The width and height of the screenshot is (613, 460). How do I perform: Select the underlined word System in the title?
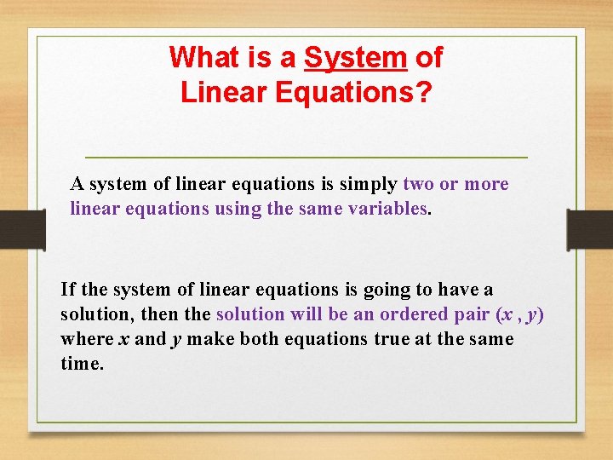tap(356, 58)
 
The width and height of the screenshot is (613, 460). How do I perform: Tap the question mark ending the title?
tap(424, 92)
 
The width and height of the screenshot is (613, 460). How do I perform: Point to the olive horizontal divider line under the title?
tap(306, 158)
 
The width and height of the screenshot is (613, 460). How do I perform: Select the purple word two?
tap(419, 184)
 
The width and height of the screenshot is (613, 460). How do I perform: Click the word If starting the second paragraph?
tap(67, 290)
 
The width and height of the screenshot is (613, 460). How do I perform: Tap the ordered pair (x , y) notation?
tap(518, 314)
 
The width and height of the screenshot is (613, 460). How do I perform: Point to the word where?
tap(87, 339)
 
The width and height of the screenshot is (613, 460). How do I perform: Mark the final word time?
tap(82, 363)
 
